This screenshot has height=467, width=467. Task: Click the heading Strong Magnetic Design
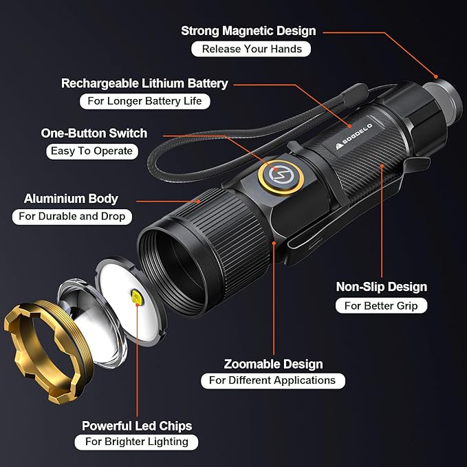point(248,31)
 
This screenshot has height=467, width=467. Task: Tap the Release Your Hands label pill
point(251,49)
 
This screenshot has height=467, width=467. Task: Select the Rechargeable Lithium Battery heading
point(144,83)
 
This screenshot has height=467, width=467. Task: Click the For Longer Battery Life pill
point(144,101)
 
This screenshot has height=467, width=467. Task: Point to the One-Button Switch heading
point(94,133)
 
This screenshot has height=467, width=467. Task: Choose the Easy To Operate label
point(92,151)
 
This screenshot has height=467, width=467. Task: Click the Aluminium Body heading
point(71,199)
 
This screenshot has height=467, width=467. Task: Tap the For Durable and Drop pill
point(72,217)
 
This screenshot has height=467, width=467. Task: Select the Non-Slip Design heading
point(382,287)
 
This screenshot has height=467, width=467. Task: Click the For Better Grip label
point(381,306)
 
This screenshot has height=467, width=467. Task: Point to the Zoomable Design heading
point(274,364)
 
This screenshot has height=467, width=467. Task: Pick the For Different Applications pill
point(273,381)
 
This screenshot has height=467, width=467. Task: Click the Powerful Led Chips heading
point(137,426)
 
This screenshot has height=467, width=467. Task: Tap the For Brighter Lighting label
point(136,442)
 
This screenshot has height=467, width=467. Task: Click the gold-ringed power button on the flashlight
point(281,177)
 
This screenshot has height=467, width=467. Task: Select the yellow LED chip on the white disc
point(137,297)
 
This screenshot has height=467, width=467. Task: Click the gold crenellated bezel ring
point(48,351)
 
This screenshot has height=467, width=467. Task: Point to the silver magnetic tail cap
point(443,99)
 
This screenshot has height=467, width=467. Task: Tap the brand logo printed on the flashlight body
point(354,135)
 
